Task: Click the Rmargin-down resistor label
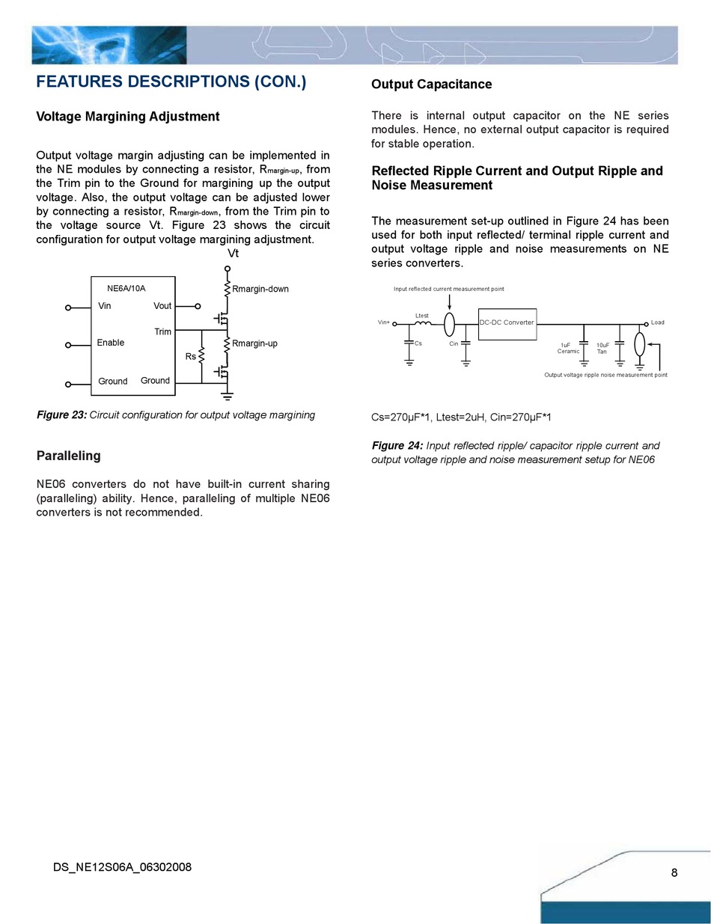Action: click(x=260, y=289)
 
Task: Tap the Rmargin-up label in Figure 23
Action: click(x=254, y=343)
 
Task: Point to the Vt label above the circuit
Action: click(x=233, y=254)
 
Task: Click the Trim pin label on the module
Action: click(x=162, y=331)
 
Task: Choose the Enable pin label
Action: click(x=111, y=343)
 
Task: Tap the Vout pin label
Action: click(x=162, y=306)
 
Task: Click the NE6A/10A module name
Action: click(x=126, y=288)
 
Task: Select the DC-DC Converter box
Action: click(x=507, y=323)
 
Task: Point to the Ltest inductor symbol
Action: click(x=422, y=323)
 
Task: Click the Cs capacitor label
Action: click(x=418, y=343)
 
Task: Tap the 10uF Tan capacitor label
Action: click(x=602, y=348)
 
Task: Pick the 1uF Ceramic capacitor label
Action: click(x=569, y=348)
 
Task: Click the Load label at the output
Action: click(x=657, y=322)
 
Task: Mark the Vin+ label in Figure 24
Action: click(x=383, y=323)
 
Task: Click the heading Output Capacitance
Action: click(x=431, y=85)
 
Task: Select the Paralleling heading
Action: click(x=68, y=456)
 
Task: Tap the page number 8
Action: click(x=674, y=872)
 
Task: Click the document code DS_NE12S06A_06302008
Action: click(x=123, y=867)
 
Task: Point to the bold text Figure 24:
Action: click(x=397, y=446)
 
